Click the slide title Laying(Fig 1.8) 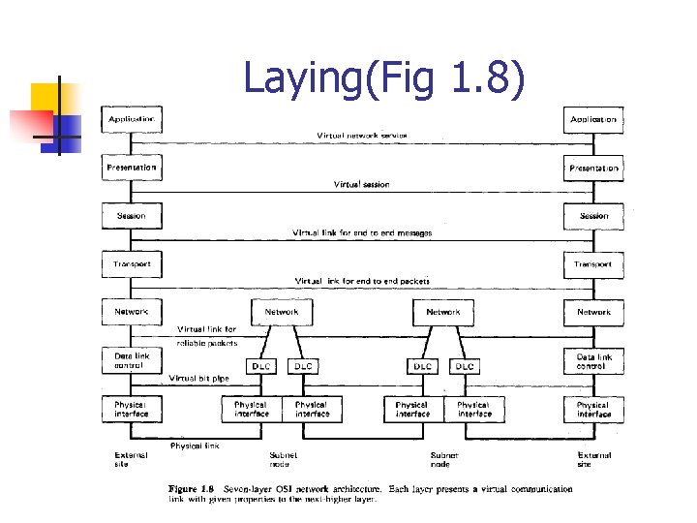coord(385,79)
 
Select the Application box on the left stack coord(132,120)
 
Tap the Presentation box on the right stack coord(593,169)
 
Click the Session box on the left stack coord(132,216)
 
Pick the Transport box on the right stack coord(593,264)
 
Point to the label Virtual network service coord(362,136)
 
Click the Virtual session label coord(362,184)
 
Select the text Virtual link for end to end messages coord(362,232)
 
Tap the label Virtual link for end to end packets coord(362,281)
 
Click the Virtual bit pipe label coord(198,378)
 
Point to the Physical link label coord(195,446)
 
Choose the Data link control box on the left coord(132,360)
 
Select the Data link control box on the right coord(593,360)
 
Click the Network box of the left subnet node coord(282,312)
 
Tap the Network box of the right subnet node coord(443,312)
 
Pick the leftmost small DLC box coord(261,366)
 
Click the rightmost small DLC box coord(465,366)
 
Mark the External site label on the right coord(593,459)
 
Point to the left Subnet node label coord(284,459)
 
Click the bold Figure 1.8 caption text coord(194,489)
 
